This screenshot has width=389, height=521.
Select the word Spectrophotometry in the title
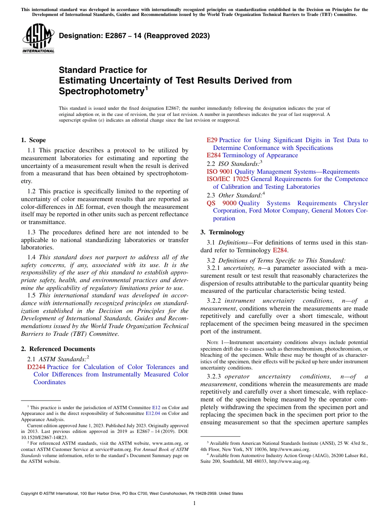tap(101, 91)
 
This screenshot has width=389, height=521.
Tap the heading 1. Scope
tap(34, 140)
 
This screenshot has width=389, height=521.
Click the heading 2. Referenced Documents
tap(58, 349)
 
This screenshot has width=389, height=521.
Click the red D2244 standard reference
tap(36, 367)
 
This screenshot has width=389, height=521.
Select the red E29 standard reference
tap(212, 140)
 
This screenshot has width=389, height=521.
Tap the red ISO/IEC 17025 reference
tap(228, 179)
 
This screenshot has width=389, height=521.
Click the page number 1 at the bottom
tap(194, 503)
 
